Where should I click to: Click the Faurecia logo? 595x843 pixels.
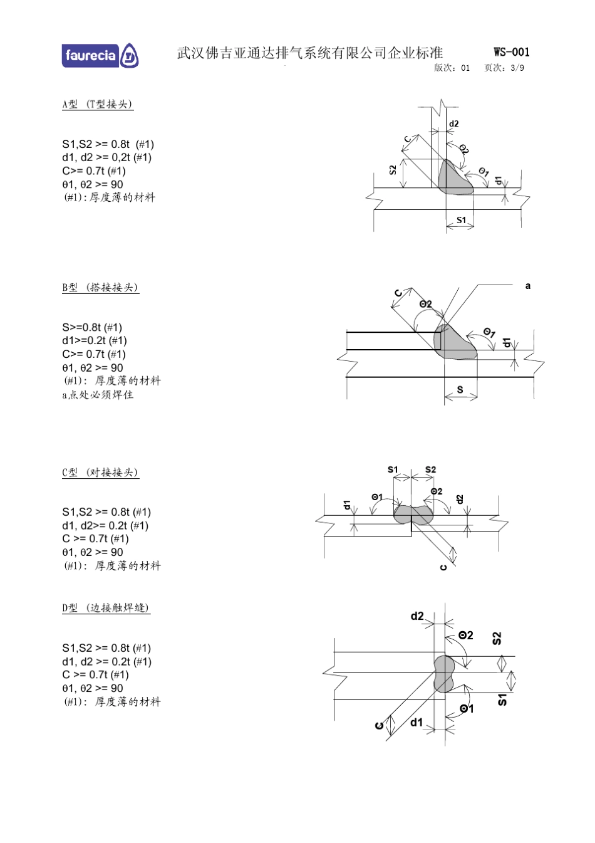[100, 56]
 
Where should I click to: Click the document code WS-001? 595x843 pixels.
[511, 52]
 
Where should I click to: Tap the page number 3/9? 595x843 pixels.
[517, 68]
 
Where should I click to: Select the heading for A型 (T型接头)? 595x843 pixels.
[98, 104]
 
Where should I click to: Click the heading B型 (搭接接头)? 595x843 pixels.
[100, 287]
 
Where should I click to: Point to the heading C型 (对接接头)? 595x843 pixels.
[100, 472]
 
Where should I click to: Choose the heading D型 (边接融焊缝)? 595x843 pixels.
[106, 607]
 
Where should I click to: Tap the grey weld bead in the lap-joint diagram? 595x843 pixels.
[454, 343]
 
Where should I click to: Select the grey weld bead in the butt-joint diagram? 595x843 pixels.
[413, 515]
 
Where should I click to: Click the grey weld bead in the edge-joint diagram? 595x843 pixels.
[444, 674]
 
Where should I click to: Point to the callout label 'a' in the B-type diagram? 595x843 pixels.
[527, 286]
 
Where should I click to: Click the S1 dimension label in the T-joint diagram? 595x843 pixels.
[461, 220]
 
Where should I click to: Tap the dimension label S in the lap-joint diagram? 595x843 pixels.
[460, 390]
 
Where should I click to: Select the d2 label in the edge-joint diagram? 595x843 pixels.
[417, 616]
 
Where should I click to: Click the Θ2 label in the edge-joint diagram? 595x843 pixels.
[465, 635]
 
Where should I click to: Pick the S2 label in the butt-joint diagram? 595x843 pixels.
[430, 469]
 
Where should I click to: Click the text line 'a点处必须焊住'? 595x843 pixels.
[98, 394]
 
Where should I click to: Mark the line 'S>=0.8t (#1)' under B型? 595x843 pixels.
[92, 327]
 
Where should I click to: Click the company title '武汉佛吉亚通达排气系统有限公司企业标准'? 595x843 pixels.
[309, 53]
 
